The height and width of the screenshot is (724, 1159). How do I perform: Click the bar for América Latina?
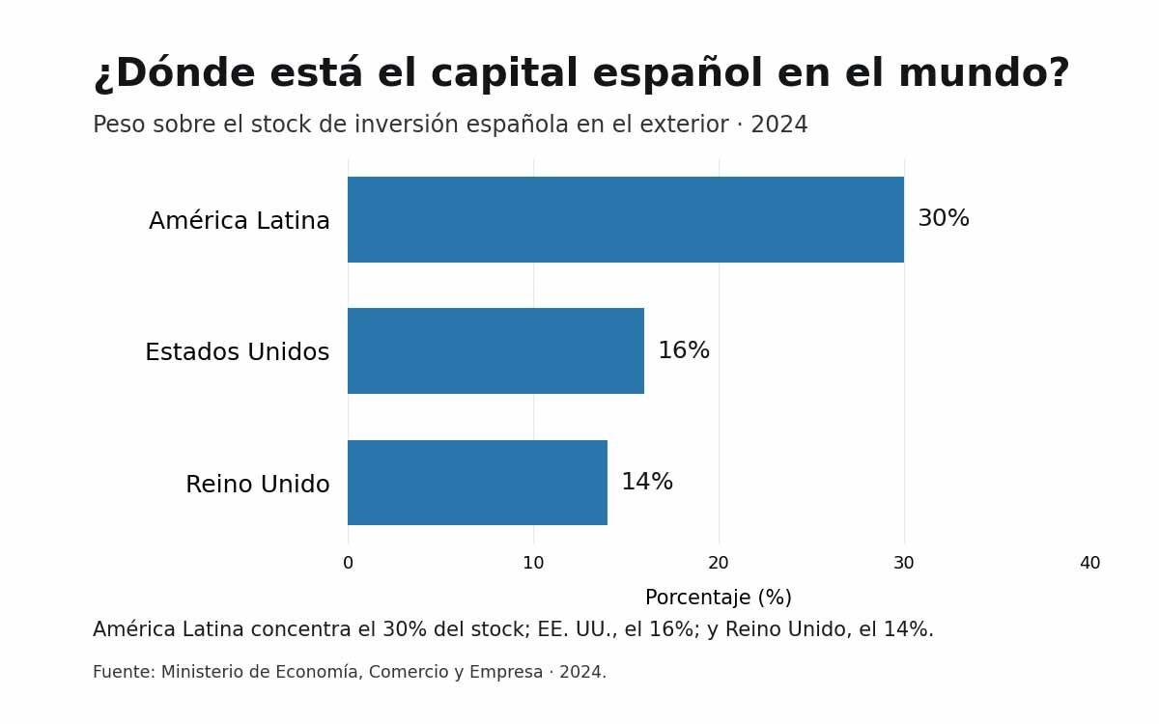626,220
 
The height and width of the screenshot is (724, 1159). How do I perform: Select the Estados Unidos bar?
495,351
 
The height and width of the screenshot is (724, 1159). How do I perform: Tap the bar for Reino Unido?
477,483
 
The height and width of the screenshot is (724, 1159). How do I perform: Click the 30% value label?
944,218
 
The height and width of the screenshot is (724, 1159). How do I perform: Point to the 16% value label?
684,350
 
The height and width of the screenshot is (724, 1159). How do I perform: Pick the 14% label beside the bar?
647,482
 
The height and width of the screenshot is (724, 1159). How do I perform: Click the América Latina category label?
240,220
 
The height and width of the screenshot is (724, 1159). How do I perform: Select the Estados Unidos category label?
237,351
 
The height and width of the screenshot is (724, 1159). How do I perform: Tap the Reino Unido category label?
257,484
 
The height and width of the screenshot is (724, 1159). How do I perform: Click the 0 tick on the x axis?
349,563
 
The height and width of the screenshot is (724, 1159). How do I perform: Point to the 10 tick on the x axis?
533,563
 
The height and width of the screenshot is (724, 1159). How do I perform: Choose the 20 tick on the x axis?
719,563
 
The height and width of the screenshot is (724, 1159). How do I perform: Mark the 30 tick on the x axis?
904,563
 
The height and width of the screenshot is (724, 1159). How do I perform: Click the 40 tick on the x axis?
1089,563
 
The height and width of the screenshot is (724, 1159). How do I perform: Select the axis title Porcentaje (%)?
719,598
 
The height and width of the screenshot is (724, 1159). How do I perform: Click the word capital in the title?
504,74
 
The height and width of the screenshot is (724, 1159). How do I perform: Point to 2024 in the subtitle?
779,125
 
